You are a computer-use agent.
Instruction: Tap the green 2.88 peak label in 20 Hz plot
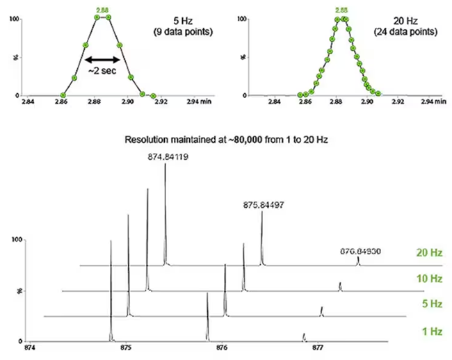coord(341,10)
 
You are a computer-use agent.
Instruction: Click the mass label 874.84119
coord(166,157)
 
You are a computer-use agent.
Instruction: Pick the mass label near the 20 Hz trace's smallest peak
coord(359,250)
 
